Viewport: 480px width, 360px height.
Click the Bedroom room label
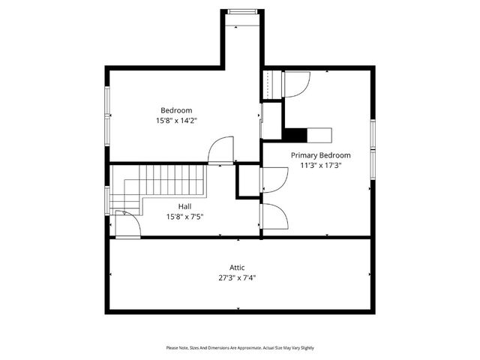coord(177,110)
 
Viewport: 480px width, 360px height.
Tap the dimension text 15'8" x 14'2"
coord(177,120)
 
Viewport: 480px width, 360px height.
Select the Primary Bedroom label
coord(320,155)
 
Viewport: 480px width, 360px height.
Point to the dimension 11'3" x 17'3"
coord(320,166)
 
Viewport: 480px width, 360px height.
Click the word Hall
coord(184,206)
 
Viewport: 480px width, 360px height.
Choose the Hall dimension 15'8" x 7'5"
coord(184,217)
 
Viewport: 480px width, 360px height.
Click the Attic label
coord(237,267)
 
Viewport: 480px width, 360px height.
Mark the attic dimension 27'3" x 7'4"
coord(237,277)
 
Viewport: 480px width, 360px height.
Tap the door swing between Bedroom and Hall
coord(221,150)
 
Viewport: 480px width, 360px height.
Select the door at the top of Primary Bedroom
coord(294,84)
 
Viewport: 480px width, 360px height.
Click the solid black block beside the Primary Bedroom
coord(297,135)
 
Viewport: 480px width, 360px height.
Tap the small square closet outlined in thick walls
coord(247,181)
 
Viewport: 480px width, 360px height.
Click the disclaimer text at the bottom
coord(240,347)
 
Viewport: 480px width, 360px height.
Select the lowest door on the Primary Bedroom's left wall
coord(274,216)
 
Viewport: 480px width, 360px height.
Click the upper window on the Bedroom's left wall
coord(107,100)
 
